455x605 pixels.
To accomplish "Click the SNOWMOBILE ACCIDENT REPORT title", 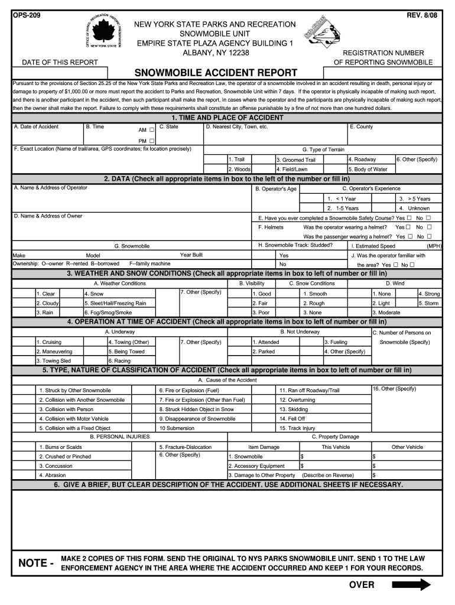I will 216,73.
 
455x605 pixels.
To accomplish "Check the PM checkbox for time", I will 152,141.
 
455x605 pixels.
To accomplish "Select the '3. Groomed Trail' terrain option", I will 296,160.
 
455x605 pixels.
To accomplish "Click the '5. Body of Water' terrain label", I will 368,169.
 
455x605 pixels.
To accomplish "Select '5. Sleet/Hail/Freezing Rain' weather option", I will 115,303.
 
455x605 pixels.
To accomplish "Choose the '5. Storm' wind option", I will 429,303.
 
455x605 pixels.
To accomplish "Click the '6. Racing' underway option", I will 119,360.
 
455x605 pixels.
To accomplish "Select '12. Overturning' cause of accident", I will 297,400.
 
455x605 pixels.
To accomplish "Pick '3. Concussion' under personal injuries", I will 56,466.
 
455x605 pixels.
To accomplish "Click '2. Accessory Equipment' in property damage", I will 256,466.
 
